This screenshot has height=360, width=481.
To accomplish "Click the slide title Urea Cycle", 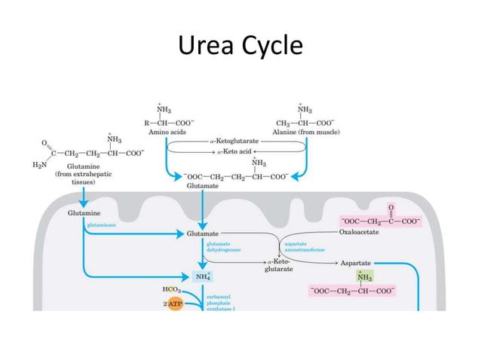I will point(240,47).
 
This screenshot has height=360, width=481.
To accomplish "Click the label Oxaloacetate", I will point(360,233).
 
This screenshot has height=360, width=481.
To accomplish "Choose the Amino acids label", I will point(164,133).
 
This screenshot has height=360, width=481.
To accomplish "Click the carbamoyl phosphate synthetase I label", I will point(220,304).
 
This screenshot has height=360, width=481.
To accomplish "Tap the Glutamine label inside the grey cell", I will point(83,214).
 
